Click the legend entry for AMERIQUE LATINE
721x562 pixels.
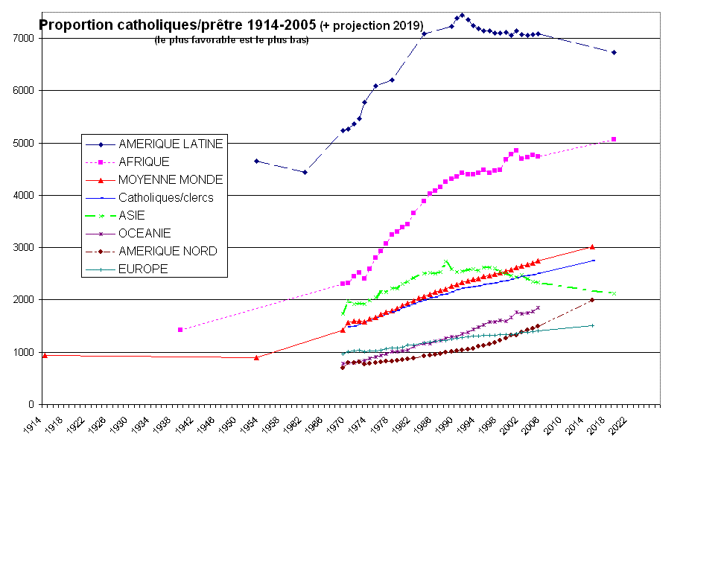(171, 144)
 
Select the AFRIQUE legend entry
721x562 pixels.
(144, 162)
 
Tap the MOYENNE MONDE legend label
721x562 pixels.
(171, 179)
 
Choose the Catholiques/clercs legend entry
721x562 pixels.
(166, 197)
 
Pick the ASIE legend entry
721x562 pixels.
(132, 215)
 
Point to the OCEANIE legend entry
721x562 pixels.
(144, 233)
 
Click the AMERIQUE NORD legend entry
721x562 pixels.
(168, 251)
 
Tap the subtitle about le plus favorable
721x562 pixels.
(232, 40)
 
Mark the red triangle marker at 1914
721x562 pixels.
(45, 355)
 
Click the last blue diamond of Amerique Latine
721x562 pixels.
(614, 52)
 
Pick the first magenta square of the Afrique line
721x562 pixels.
(180, 329)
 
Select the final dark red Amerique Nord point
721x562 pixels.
(592, 300)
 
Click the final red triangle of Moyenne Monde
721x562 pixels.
(592, 247)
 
